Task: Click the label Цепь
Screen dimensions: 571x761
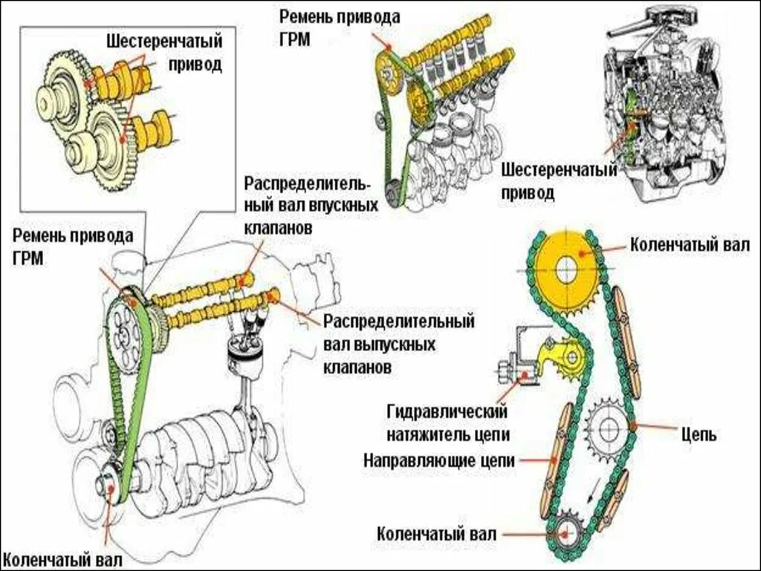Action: pos(699,434)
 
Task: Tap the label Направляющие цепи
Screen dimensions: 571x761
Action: pos(439,460)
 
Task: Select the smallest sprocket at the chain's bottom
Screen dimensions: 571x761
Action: pos(566,532)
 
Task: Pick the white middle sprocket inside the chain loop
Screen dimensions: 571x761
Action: pos(608,428)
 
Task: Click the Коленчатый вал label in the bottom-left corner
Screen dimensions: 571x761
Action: pos(61,559)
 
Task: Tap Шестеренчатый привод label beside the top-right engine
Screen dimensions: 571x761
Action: pos(558,182)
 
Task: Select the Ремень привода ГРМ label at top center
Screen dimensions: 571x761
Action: pos(340,27)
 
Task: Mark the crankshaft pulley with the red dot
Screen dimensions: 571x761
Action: pos(109,486)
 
